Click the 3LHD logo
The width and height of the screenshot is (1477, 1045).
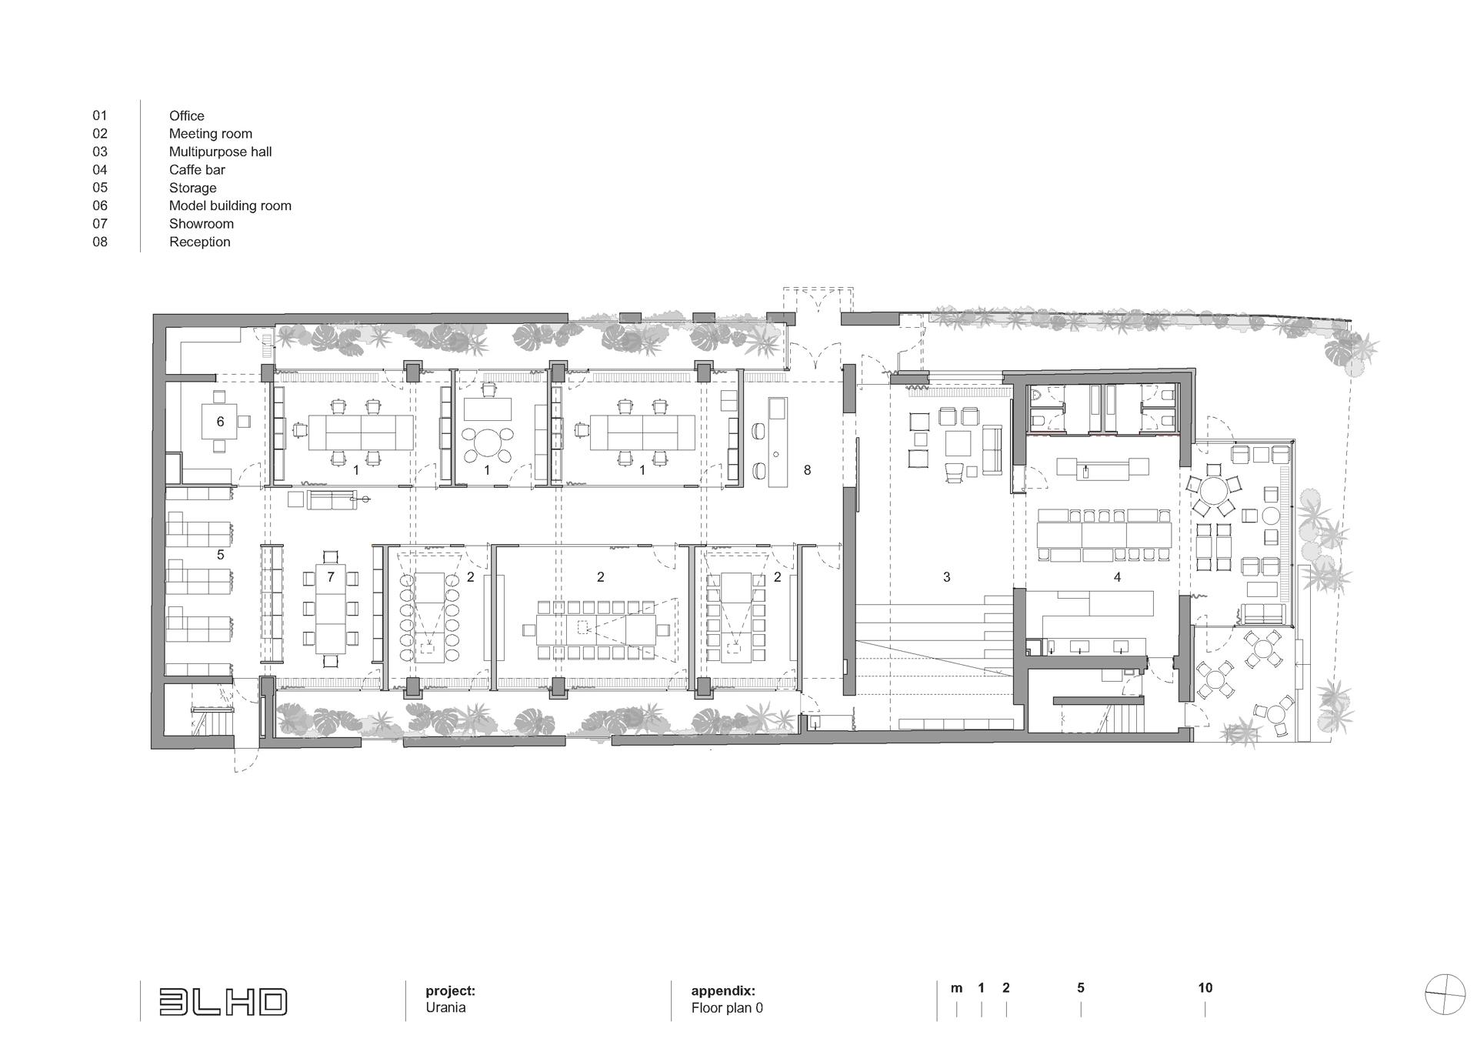pyautogui.click(x=223, y=1001)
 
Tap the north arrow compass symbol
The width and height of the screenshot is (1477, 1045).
pyautogui.click(x=1445, y=994)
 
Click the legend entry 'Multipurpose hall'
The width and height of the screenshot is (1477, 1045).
pyautogui.click(x=220, y=152)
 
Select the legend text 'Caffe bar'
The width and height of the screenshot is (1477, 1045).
pyautogui.click(x=197, y=169)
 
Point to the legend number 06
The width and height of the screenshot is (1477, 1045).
pyautogui.click(x=100, y=205)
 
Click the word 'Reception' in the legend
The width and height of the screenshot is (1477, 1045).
pyautogui.click(x=200, y=242)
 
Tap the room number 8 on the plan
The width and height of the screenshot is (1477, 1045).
pyautogui.click(x=807, y=469)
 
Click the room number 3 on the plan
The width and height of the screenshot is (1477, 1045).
pyautogui.click(x=947, y=576)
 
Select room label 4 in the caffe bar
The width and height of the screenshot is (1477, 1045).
pyautogui.click(x=1117, y=576)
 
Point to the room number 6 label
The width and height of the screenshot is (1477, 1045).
pyautogui.click(x=221, y=422)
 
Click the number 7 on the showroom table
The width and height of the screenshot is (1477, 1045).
pyautogui.click(x=331, y=576)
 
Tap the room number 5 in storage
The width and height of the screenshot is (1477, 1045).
pyautogui.click(x=221, y=554)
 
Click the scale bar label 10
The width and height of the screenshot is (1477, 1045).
pyautogui.click(x=1205, y=987)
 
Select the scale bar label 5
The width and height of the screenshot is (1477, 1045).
pyautogui.click(x=1081, y=987)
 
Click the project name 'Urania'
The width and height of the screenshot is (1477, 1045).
pyautogui.click(x=445, y=1007)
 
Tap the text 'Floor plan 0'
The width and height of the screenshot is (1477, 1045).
pyautogui.click(x=727, y=1007)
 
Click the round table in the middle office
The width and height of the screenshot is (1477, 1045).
pyautogui.click(x=486, y=444)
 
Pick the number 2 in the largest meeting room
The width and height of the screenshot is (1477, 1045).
pyautogui.click(x=601, y=576)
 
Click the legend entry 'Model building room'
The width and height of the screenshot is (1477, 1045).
pyautogui.click(x=230, y=205)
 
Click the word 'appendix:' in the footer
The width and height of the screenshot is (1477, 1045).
pyautogui.click(x=723, y=991)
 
